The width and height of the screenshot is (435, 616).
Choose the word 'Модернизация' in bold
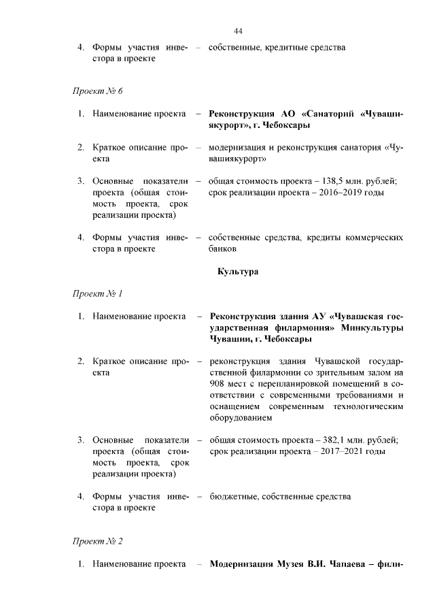pyautogui.click(x=241, y=564)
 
